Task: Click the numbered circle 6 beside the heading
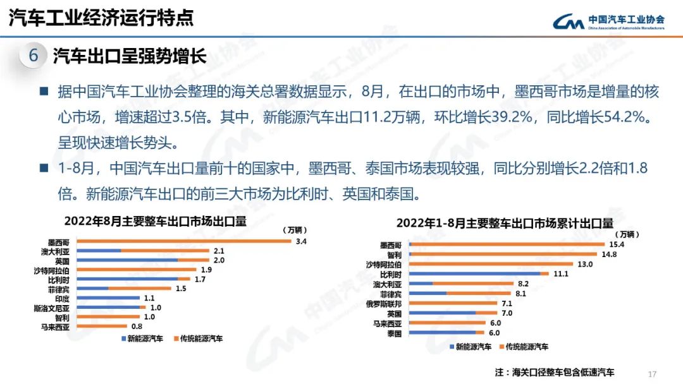point(34,56)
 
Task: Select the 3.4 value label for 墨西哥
point(301,241)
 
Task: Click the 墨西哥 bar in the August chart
point(183,241)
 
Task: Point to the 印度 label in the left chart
point(61,298)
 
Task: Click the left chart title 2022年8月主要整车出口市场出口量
point(154,222)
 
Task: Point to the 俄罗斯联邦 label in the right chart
point(384,303)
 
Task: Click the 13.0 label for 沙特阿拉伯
point(584,264)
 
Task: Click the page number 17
point(653,373)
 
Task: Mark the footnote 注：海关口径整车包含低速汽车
point(555,372)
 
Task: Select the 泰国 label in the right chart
point(393,333)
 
